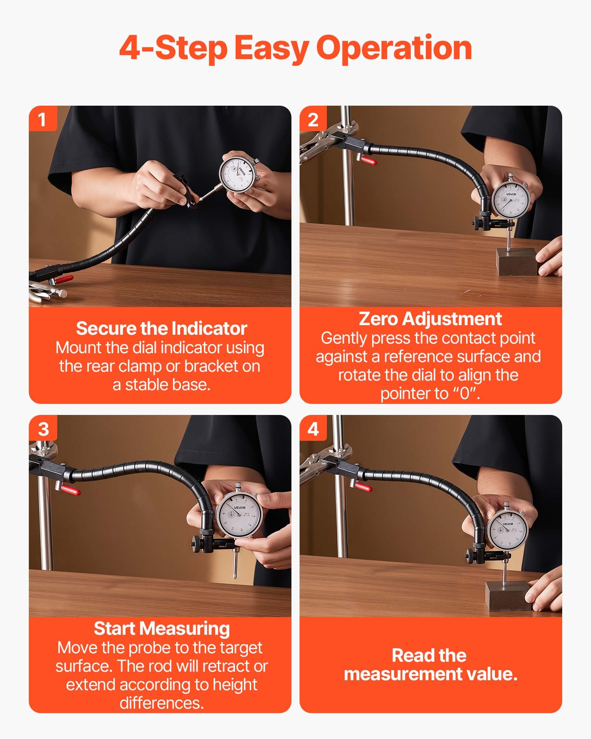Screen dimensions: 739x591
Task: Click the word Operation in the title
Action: [394, 48]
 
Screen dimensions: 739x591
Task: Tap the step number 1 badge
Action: [42, 119]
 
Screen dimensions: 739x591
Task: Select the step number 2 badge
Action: [313, 119]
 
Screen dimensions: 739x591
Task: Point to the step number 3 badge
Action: [43, 429]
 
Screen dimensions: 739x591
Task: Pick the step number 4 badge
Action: [313, 429]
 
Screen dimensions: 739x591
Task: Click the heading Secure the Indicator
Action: [161, 328]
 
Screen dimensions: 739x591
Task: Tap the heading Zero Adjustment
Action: [430, 319]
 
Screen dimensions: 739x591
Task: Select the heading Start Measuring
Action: [161, 628]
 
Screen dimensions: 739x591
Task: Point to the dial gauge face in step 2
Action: [511, 200]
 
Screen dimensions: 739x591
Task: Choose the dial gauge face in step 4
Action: [507, 530]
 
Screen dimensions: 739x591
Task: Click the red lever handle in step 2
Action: [368, 160]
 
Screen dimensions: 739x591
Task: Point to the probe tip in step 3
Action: [234, 576]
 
